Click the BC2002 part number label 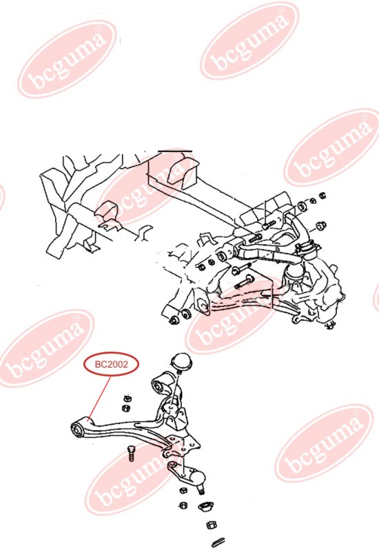point(111,364)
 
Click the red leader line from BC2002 point(100,397)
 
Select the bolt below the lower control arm point(130,454)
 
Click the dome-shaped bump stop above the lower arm point(182,362)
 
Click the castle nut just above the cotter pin point(211,525)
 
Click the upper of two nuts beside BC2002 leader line point(127,399)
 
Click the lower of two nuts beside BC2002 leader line point(125,407)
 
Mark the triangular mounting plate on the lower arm point(183,443)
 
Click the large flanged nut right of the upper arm point(320,225)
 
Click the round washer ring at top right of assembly point(302,206)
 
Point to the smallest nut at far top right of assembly point(322,195)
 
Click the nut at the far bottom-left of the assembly point(174,320)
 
